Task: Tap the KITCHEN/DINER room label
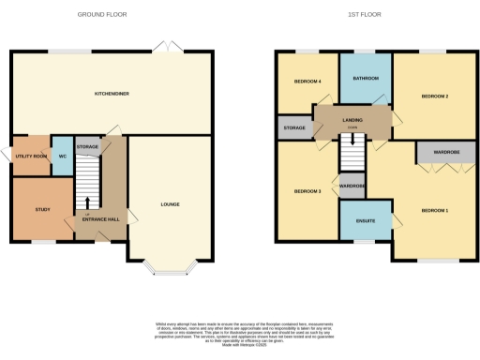(x=112, y=94)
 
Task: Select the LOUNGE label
(x=170, y=204)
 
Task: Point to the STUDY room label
(x=42, y=209)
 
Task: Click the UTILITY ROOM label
(x=31, y=156)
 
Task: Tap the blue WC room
(x=62, y=156)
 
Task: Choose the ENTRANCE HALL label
(x=100, y=218)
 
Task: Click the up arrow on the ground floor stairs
(x=88, y=201)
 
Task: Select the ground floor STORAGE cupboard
(x=87, y=147)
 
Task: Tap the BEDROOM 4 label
(x=307, y=82)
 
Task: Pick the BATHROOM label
(x=366, y=78)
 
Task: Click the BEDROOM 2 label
(x=435, y=96)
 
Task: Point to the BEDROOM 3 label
(x=307, y=191)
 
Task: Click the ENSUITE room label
(x=366, y=221)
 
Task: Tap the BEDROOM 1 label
(x=435, y=210)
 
